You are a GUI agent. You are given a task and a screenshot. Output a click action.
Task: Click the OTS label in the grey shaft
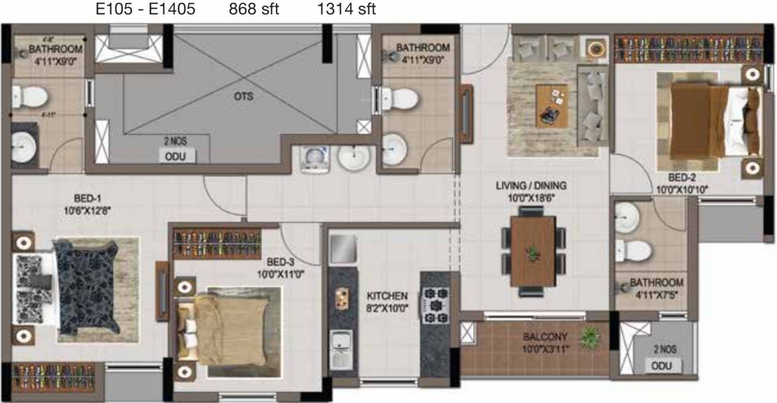[243, 97]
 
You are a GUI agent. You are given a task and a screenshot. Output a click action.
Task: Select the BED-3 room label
[285, 266]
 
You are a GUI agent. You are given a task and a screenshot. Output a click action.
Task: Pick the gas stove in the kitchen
[435, 305]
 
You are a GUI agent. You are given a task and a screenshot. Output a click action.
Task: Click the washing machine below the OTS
[315, 158]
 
